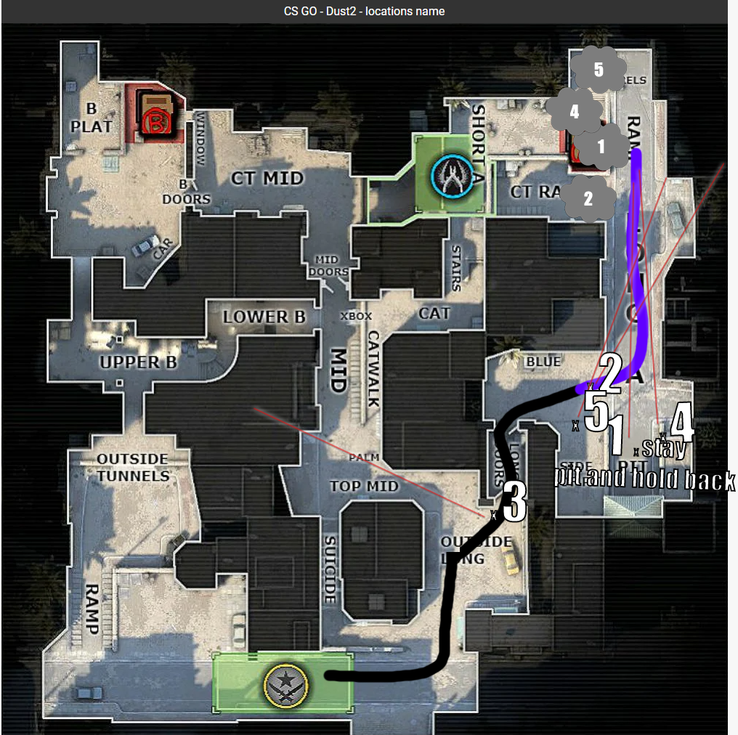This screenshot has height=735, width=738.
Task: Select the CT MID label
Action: point(267,177)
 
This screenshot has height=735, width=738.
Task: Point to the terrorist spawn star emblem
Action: point(283,683)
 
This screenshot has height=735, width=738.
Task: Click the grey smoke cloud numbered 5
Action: point(598,70)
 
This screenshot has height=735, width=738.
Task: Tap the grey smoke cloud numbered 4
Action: point(574,112)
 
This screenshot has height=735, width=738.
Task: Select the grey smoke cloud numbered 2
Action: point(588,198)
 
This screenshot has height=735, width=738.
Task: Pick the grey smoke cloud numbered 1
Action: point(601,147)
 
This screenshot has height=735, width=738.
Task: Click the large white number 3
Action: point(514,502)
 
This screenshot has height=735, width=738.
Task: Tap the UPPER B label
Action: point(138,361)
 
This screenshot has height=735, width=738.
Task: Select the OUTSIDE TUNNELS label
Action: point(133,468)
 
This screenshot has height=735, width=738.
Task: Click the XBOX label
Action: point(356,316)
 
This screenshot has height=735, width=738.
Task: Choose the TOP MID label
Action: point(365,485)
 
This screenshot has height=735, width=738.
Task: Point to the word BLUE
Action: point(543,361)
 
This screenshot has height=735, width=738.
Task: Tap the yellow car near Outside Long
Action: point(511,560)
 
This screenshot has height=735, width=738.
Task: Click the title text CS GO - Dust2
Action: point(364,11)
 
